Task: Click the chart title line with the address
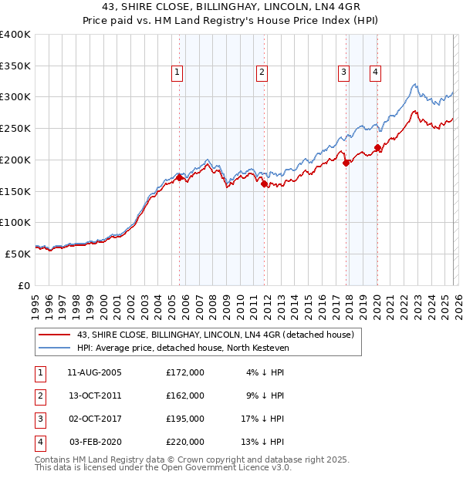point(231,7)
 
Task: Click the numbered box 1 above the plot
point(177,72)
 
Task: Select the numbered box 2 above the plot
point(262,72)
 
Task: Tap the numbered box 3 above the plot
point(343,72)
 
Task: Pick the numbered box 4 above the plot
point(375,72)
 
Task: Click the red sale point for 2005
point(180,177)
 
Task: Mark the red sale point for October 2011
point(264,183)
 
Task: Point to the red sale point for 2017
point(346,163)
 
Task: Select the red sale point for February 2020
point(377,147)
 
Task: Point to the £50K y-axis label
point(18,254)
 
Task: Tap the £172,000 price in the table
point(185,372)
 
